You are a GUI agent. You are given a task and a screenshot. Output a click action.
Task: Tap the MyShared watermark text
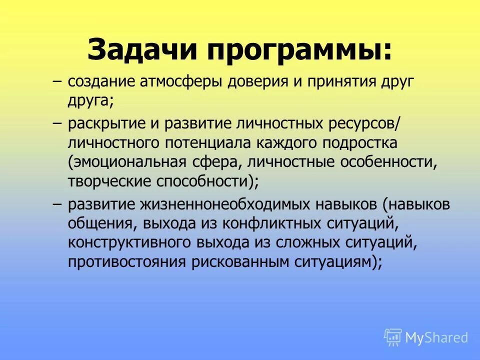[436, 337]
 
